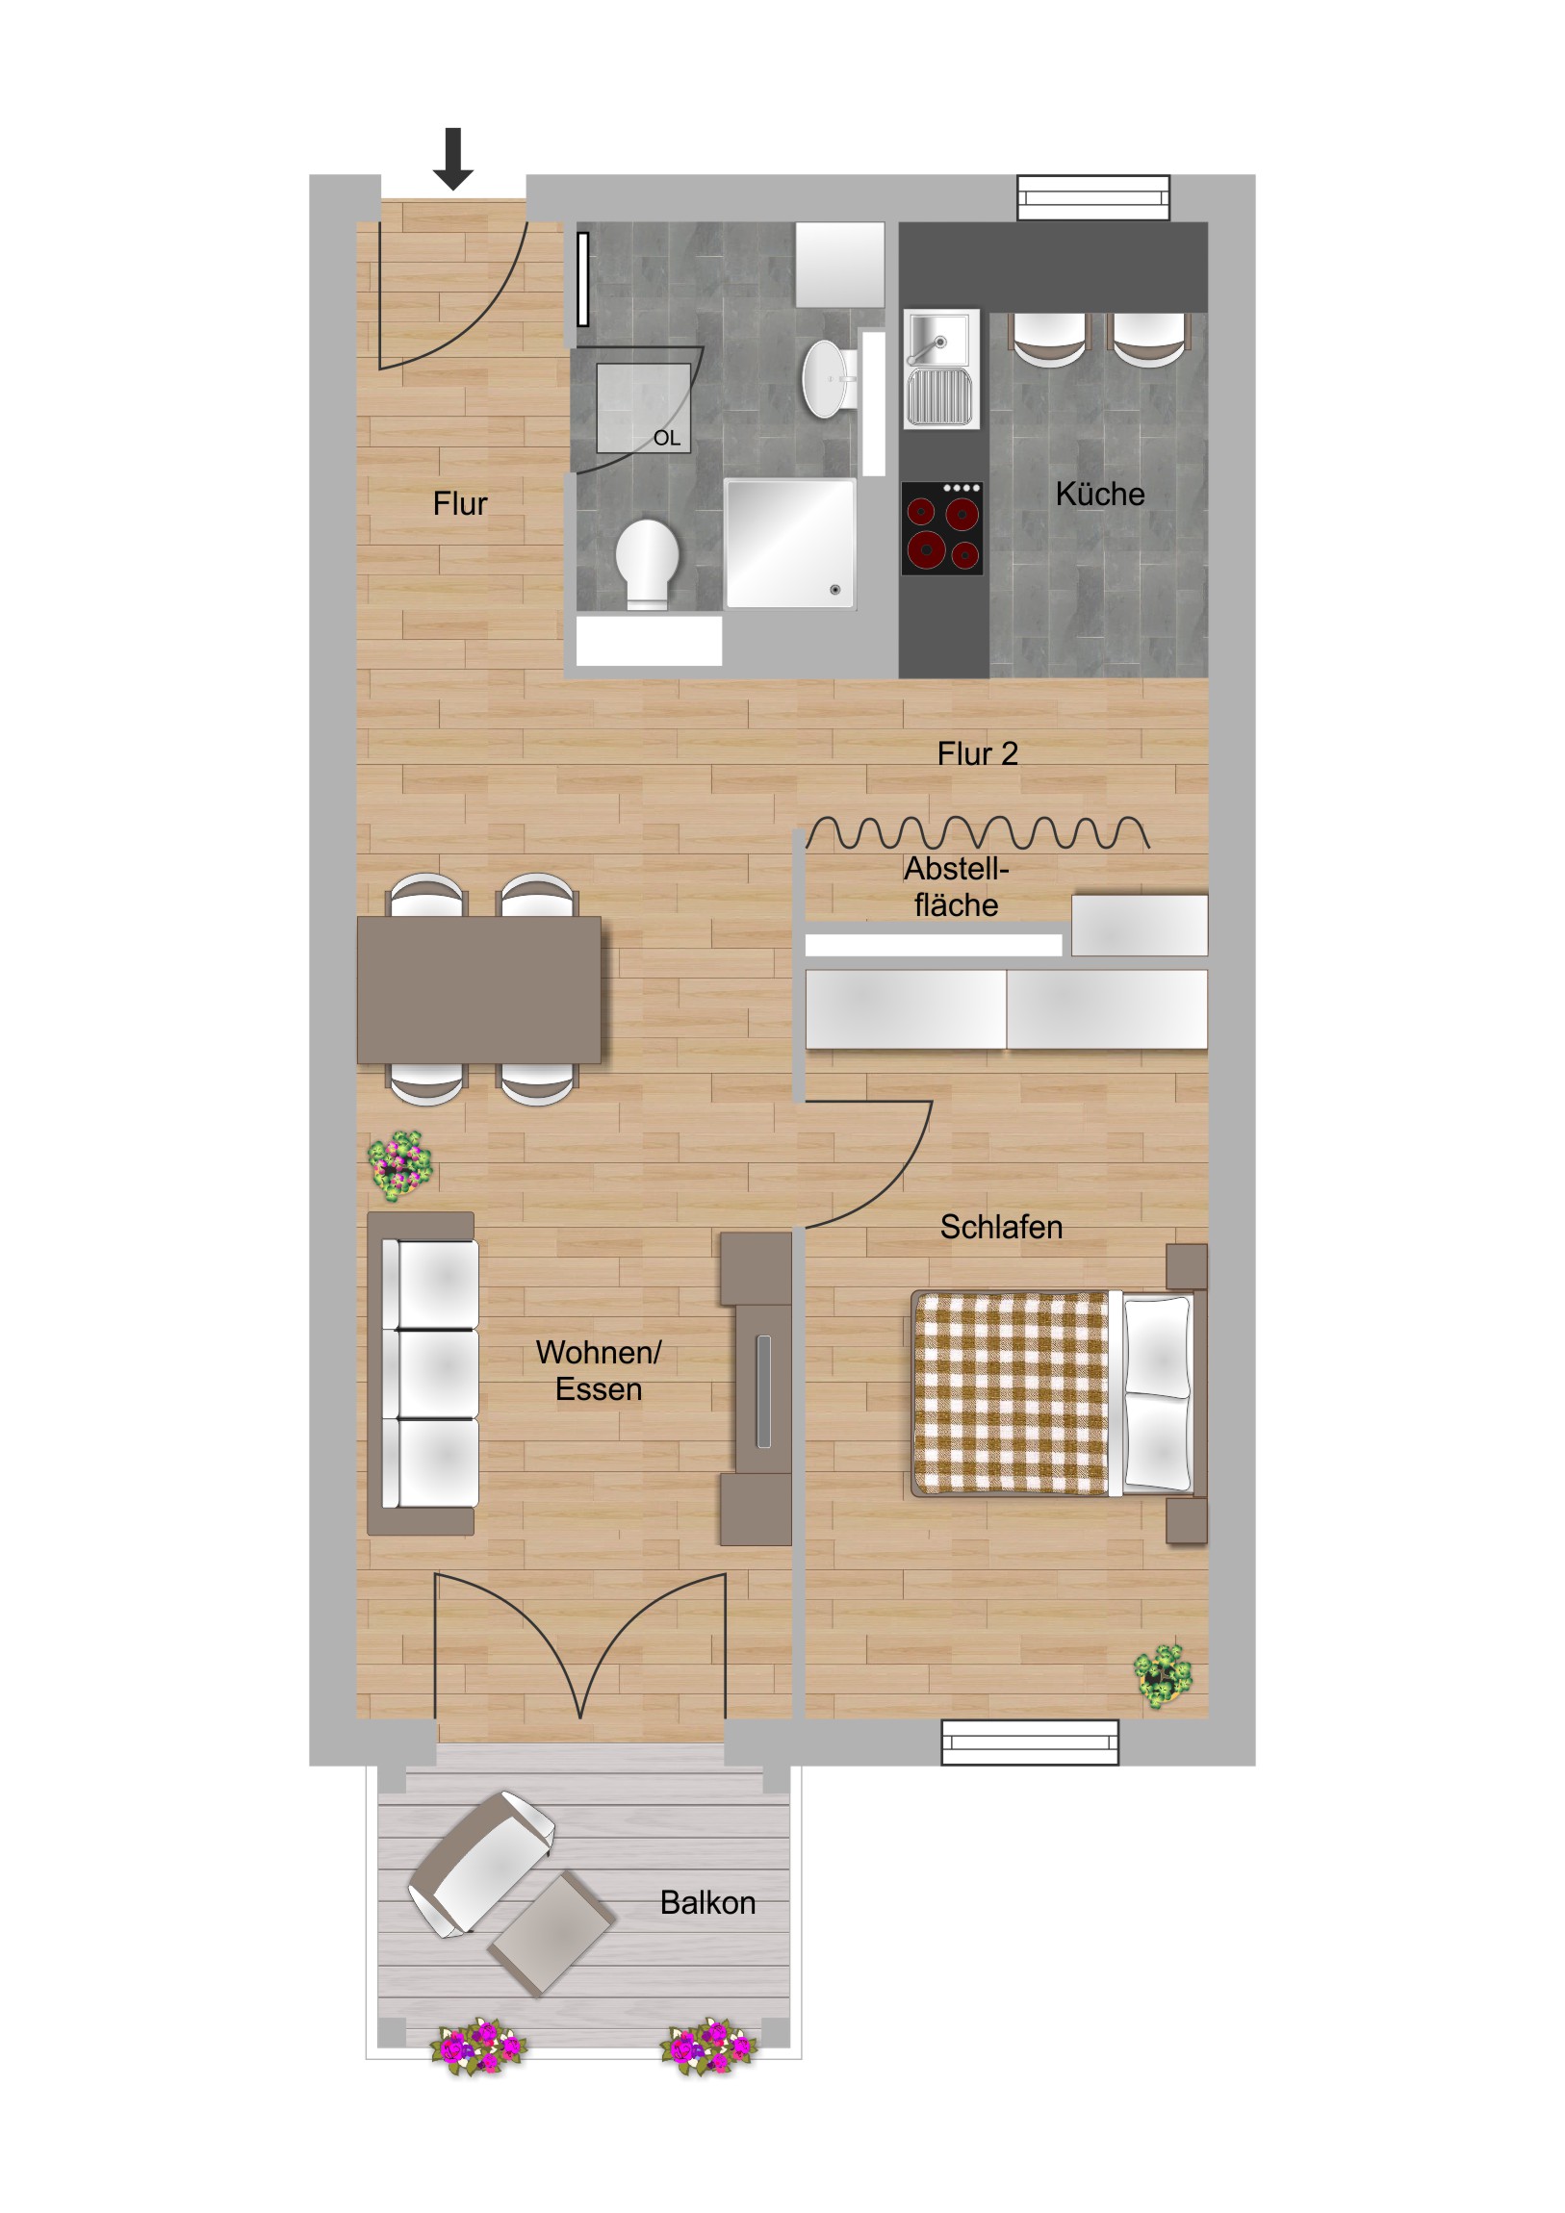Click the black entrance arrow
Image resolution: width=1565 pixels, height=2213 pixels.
[x=452, y=158]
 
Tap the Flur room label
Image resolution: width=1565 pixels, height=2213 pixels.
[x=460, y=503]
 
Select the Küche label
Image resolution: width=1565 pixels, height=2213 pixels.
[x=1099, y=494]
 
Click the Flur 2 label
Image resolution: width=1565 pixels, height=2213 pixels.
[x=977, y=752]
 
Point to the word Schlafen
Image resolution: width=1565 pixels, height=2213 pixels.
[x=1001, y=1227]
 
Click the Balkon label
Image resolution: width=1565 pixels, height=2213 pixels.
[x=706, y=1902]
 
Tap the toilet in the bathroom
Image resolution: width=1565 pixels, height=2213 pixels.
[x=647, y=563]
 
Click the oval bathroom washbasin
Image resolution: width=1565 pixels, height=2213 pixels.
[x=827, y=378]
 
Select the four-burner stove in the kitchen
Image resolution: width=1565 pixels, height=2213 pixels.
[x=941, y=527]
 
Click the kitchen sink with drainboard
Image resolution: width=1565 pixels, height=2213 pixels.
[x=941, y=369]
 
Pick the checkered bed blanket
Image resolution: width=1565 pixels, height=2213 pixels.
[x=1010, y=1394]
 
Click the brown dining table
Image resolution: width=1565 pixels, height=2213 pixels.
[x=479, y=989]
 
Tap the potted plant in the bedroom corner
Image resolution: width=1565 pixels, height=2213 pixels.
[x=1163, y=1676]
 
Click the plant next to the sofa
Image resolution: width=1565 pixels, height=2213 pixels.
[x=400, y=1165]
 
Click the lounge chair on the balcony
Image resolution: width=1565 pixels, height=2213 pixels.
[x=480, y=1863]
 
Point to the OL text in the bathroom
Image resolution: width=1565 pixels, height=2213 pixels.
[x=666, y=438]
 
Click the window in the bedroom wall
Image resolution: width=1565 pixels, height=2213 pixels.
[x=1029, y=1742]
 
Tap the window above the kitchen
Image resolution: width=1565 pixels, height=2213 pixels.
[x=1092, y=197]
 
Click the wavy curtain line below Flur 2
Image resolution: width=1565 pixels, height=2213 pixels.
[x=977, y=833]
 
